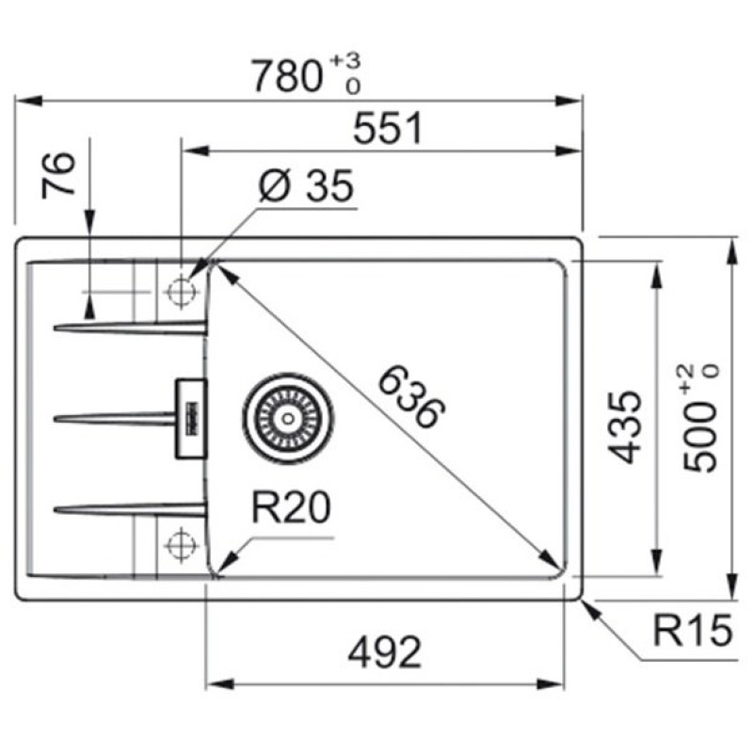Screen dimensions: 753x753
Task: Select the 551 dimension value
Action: [389, 130]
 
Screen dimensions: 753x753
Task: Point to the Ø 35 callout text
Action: [306, 188]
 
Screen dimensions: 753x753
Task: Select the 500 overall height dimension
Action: [700, 433]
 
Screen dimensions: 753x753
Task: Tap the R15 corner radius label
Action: [692, 632]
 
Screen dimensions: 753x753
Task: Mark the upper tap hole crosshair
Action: [178, 292]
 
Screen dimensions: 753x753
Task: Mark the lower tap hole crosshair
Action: [178, 544]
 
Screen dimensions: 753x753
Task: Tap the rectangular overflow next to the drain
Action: [189, 418]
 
